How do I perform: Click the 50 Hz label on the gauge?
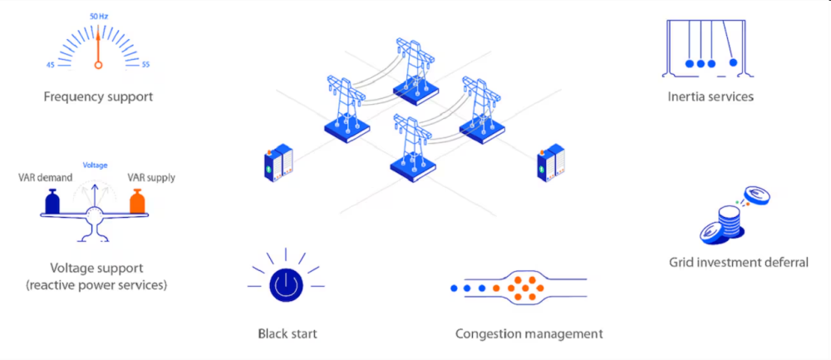click(98, 16)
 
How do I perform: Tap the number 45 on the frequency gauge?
click(51, 65)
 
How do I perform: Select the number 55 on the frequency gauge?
click(145, 65)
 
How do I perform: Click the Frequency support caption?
click(98, 96)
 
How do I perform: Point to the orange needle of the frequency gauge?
click(98, 46)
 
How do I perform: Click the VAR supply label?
click(151, 177)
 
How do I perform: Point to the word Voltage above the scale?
click(95, 165)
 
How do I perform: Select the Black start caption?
click(288, 334)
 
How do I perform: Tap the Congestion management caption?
click(529, 334)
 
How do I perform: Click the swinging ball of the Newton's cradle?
click(732, 62)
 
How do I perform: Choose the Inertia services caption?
click(711, 96)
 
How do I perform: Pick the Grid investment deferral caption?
click(739, 263)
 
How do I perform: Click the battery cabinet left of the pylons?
click(278, 163)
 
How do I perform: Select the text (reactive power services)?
click(96, 285)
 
